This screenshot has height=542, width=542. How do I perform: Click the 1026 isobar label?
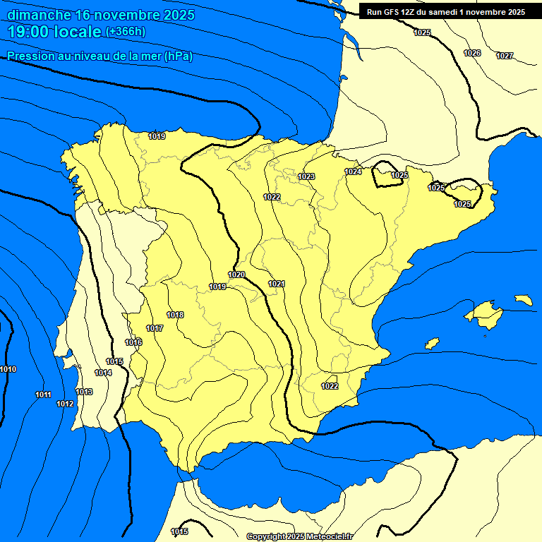(472, 53)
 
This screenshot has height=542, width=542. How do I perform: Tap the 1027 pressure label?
(505, 56)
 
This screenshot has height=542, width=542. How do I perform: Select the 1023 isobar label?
(306, 176)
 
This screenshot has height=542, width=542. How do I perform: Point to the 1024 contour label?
(353, 171)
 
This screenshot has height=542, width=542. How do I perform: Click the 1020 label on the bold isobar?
(236, 275)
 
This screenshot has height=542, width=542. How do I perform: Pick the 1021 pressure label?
(276, 284)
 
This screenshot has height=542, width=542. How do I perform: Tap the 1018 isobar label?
(175, 315)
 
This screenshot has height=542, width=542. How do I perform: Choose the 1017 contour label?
(155, 328)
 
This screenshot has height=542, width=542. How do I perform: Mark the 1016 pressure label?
(133, 342)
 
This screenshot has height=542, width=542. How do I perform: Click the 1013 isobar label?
(84, 392)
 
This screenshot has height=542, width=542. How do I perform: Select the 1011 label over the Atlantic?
(43, 395)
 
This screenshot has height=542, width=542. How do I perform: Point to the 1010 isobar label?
(8, 369)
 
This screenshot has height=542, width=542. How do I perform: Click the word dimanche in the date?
(39, 15)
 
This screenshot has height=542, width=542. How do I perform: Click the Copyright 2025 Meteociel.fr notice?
(299, 536)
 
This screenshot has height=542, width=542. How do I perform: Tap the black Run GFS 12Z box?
(445, 11)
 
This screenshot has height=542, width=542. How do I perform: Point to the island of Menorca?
(524, 300)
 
